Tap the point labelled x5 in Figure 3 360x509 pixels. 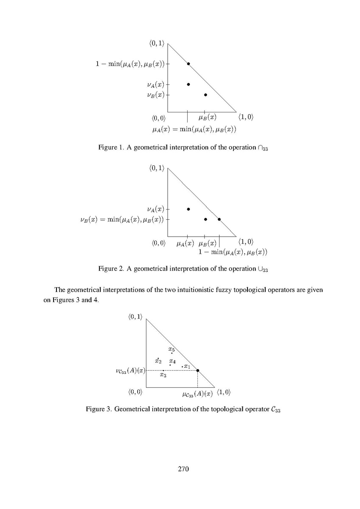[172, 353]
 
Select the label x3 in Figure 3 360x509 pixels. [163, 375]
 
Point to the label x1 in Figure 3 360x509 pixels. [187, 366]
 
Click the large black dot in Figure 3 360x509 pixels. [198, 370]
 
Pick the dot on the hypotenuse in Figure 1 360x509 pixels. [188, 64]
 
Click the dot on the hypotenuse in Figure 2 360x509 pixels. [219, 219]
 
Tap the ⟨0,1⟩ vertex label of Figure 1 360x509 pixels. [157, 43]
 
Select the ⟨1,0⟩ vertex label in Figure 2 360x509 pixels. [246, 242]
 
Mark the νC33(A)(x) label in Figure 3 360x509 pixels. [130, 371]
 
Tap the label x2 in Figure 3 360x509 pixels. [158, 361]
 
